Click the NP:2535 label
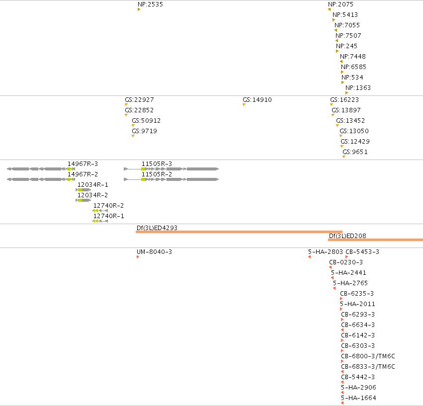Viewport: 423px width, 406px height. click(x=150, y=4)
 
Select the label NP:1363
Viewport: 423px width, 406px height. click(x=358, y=88)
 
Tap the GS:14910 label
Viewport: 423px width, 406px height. click(x=257, y=100)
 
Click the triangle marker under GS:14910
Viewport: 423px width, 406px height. click(x=244, y=105)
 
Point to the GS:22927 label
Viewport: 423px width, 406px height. click(x=139, y=100)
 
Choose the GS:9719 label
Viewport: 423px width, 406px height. click(x=144, y=131)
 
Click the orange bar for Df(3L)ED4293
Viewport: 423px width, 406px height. click(x=239, y=232)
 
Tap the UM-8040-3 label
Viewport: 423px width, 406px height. click(x=154, y=252)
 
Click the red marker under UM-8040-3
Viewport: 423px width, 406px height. click(x=138, y=257)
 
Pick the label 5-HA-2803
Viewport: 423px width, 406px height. click(x=326, y=252)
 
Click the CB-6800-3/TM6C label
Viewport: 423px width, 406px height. click(x=368, y=356)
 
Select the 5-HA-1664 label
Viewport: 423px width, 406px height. click(x=358, y=398)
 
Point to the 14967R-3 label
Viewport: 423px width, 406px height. click(x=83, y=164)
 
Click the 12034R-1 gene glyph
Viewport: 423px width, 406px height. click(x=84, y=190)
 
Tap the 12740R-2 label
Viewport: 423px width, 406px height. click(x=108, y=206)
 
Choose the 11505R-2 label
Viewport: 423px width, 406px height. click(x=157, y=174)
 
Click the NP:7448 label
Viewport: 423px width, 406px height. click(x=353, y=57)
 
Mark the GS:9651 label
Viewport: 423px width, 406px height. click(x=355, y=152)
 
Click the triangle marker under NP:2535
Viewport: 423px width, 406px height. click(x=139, y=9)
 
